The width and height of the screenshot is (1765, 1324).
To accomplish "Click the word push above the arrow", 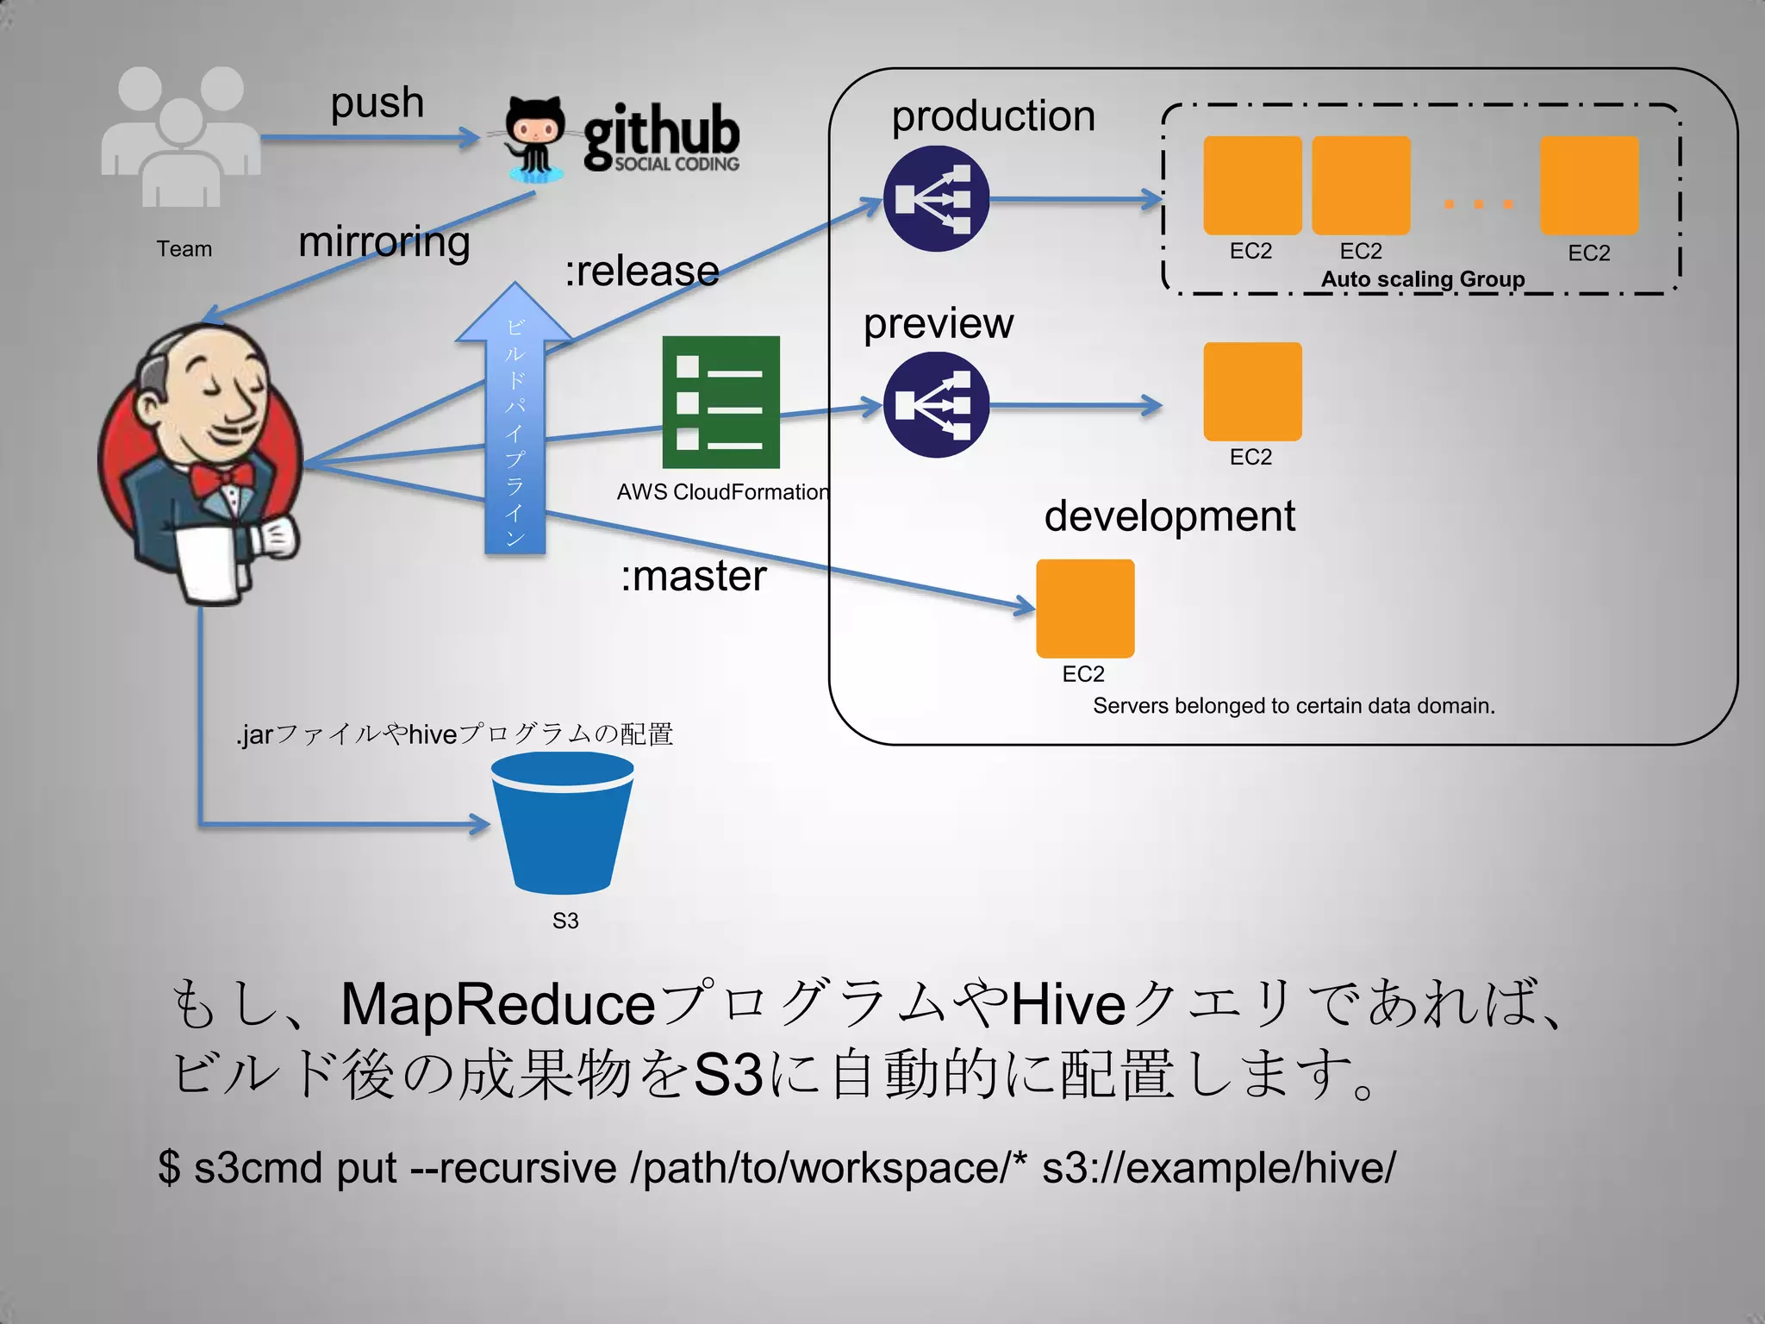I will pos(377,103).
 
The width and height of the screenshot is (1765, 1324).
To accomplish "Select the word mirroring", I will pos(384,242).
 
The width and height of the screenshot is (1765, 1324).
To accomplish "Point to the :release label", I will pos(642,272).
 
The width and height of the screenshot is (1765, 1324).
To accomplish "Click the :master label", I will pos(694,576).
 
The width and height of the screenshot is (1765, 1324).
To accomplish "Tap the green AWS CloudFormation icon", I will pos(720,402).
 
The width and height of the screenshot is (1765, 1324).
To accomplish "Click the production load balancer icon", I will pos(936,199).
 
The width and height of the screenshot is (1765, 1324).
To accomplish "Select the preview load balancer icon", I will pos(936,405).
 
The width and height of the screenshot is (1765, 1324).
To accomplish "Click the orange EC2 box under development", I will pos(1085,609).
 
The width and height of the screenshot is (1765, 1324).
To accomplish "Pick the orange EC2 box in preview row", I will pos(1252,391).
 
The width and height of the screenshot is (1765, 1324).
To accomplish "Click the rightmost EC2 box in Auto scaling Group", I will pos(1589,185).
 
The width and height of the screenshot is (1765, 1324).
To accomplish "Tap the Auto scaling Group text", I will pos(1423,279).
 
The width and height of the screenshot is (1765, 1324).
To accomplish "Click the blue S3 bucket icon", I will pos(563,823).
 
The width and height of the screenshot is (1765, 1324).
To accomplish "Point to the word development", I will pos(1169,516).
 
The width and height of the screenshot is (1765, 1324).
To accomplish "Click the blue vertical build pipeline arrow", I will pos(515,431).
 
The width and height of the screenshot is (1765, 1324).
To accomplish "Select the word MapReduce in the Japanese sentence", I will pos(498,1005).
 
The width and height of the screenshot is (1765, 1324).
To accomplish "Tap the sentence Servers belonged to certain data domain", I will pos(1294,706).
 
